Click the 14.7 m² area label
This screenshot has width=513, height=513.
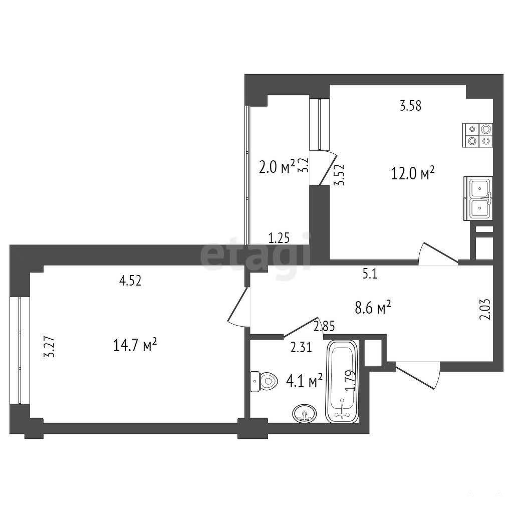[x=135, y=345]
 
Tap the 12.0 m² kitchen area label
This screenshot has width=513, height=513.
[x=413, y=173]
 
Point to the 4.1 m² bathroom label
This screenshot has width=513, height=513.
[x=304, y=381]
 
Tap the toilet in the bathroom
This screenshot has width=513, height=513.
[x=264, y=381]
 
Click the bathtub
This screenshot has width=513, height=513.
[x=342, y=382]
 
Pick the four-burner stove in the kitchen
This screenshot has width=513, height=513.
[x=477, y=135]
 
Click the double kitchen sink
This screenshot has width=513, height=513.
[x=478, y=198]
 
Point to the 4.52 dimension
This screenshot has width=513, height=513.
[x=130, y=281]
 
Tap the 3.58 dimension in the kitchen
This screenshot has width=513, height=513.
[x=411, y=106]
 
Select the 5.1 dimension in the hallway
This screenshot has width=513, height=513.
[x=370, y=274]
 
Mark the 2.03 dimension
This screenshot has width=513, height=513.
[x=486, y=309]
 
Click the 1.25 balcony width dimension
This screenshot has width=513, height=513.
[x=279, y=238]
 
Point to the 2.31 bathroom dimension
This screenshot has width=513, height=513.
[x=301, y=347]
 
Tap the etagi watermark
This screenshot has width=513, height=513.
[x=255, y=252]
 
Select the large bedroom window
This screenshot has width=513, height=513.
[x=20, y=350]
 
